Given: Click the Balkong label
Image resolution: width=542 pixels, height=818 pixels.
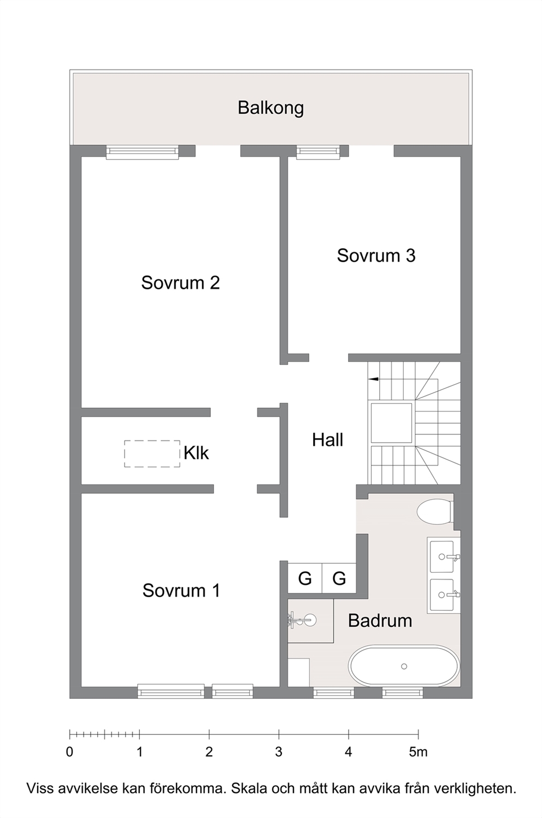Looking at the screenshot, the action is [x=270, y=108].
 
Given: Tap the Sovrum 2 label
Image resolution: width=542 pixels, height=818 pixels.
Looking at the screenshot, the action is [x=180, y=283].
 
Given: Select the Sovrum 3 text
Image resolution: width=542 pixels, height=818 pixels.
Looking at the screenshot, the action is [x=376, y=256].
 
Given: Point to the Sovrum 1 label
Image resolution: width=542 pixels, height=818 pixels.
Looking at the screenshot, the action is [x=181, y=591].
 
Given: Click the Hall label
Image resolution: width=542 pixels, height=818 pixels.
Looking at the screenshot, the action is [x=328, y=440].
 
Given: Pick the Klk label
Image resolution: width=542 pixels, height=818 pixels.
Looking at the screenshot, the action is [x=196, y=453].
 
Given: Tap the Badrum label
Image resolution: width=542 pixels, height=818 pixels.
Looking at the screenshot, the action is [x=380, y=621].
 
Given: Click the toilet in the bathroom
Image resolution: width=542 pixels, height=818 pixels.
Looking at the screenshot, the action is [x=434, y=512].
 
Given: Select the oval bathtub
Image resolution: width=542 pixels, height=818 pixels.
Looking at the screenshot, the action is [x=404, y=667].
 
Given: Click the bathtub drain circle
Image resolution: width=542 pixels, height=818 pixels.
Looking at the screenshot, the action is [x=404, y=667].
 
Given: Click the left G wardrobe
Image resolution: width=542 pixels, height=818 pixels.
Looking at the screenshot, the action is [x=305, y=579].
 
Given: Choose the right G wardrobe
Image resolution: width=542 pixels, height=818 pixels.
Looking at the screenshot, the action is [x=339, y=579].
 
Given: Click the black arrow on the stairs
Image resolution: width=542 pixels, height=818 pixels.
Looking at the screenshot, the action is [x=373, y=379].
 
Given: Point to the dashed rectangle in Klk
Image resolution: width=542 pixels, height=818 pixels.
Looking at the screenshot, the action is [x=152, y=454].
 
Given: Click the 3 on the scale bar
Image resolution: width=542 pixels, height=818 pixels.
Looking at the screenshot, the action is [x=279, y=752].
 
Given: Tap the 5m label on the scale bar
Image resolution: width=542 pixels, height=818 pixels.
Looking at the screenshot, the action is [x=418, y=752].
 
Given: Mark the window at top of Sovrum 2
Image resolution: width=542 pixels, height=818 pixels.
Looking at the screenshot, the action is [x=143, y=152].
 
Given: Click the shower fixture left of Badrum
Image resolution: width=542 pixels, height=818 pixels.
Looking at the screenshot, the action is [x=303, y=620].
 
